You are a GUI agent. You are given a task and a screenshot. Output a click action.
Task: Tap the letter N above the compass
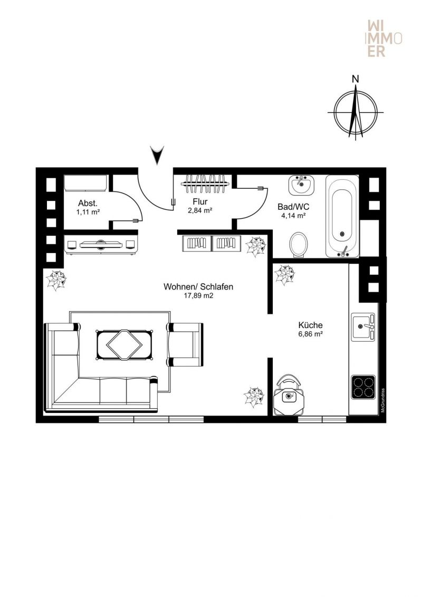pos(356,79)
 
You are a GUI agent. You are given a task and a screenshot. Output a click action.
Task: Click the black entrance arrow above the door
pos(157,155)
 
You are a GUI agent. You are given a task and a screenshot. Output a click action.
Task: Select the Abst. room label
pos(88,203)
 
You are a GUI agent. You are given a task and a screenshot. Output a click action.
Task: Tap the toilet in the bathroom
pos(299,244)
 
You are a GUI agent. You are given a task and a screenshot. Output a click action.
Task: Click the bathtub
pos(342,216)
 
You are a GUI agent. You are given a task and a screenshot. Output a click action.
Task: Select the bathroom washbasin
pos(301,185)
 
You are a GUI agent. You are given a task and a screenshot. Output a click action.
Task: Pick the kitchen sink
pos(362,327)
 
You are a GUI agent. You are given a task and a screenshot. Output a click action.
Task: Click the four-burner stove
pos(363,387)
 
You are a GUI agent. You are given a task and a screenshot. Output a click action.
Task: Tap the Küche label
pos(310,325)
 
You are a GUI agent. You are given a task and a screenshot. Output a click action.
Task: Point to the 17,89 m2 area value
pos(198,296)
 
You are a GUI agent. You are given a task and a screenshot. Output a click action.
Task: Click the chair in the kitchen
pos(289,396)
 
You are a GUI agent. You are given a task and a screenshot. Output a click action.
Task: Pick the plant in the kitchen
pos(284,275)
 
